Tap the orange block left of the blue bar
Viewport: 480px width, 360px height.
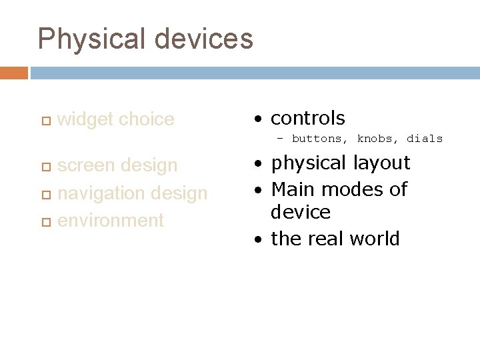pyautogui.click(x=14, y=73)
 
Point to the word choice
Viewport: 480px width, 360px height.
pyautogui.click(x=145, y=119)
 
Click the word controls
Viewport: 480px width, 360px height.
pyautogui.click(x=307, y=119)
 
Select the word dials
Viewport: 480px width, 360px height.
pyautogui.click(x=425, y=139)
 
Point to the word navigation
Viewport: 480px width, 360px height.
pyautogui.click(x=104, y=193)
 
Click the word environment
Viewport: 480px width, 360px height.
pyautogui.click(x=111, y=220)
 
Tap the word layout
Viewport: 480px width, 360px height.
pyautogui.click(x=379, y=163)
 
